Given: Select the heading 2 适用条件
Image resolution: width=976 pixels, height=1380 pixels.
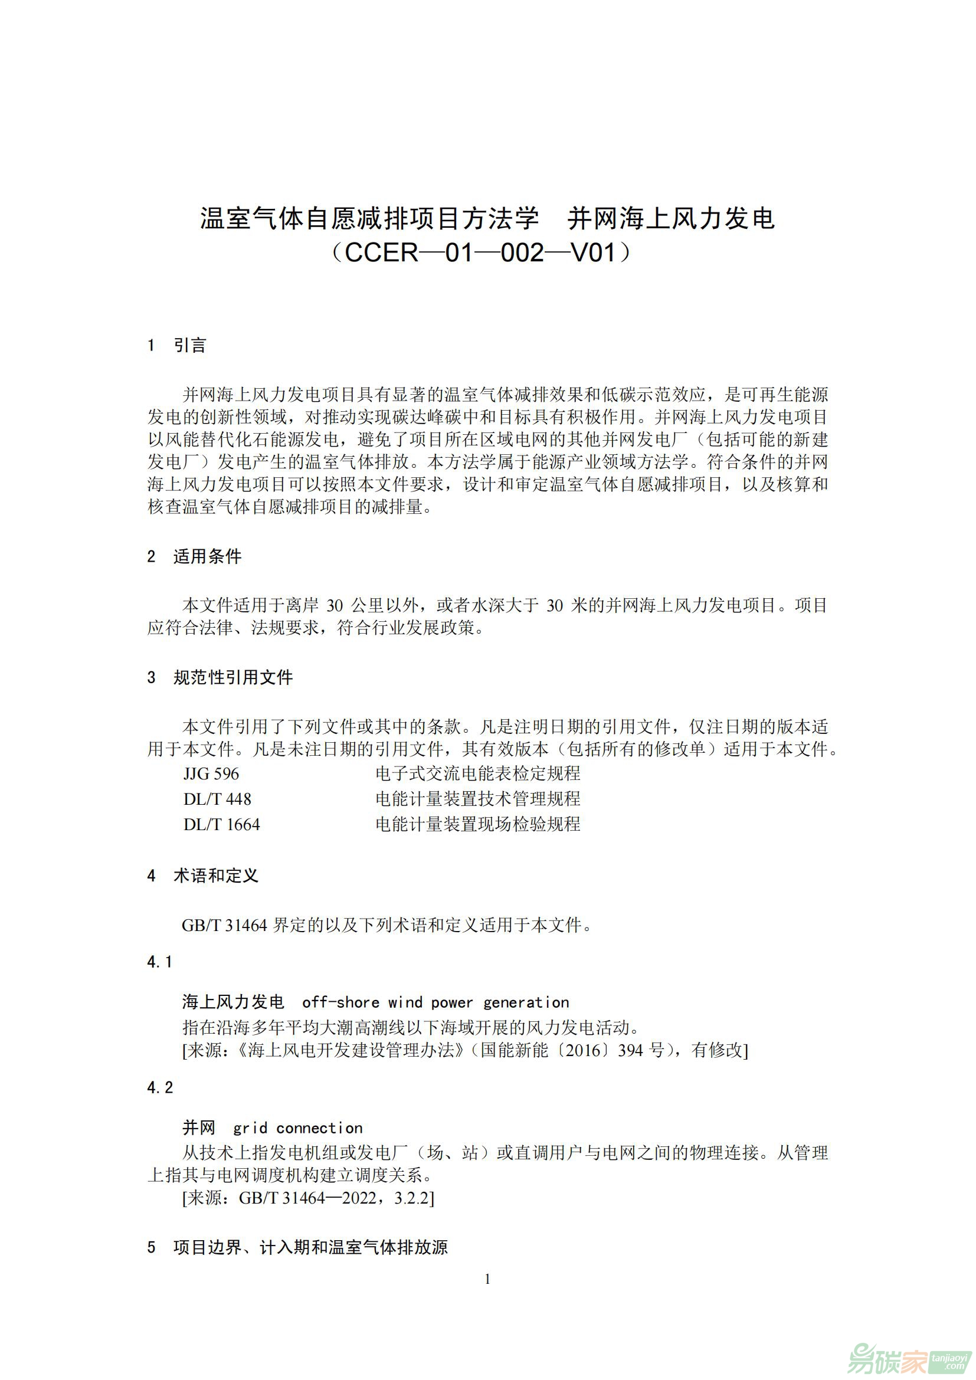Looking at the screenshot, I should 194,556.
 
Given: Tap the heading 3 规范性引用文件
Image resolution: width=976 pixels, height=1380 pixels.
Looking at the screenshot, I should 220,677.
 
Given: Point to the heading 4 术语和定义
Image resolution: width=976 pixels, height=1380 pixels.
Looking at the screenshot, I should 202,876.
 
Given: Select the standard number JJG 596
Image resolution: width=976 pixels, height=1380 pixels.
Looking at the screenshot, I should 211,773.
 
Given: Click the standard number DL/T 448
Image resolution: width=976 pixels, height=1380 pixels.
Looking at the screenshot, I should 217,799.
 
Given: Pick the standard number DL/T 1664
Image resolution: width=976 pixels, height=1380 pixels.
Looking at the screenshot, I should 222,824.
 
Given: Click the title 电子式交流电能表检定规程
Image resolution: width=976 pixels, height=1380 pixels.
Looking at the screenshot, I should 478,773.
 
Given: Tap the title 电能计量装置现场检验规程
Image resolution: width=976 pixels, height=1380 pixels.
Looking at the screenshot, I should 478,824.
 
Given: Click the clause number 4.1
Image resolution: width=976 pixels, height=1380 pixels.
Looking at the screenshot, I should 160,962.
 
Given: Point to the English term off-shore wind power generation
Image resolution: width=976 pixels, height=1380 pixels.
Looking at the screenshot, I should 435,1002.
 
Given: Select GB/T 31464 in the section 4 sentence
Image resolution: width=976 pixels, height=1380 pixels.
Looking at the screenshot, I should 224,925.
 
